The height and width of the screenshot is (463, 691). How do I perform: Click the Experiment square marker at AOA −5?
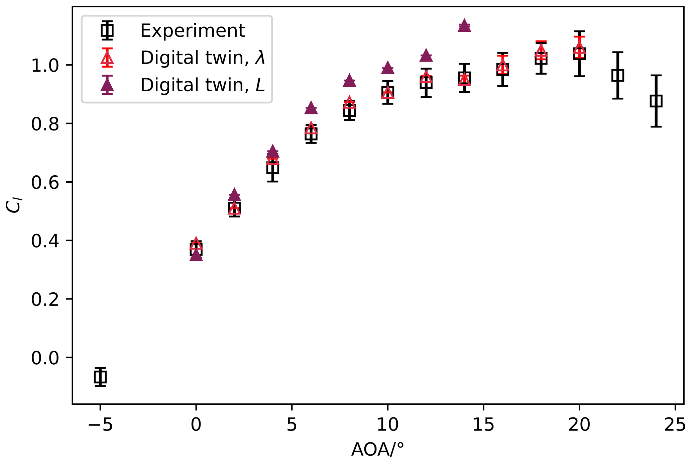(100, 377)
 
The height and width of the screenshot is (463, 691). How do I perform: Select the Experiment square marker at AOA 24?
(656, 101)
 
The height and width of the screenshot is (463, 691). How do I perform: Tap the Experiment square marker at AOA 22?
(617, 75)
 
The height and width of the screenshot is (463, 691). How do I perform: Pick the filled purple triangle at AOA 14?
(464, 26)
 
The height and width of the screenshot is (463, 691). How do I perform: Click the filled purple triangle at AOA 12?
(426, 56)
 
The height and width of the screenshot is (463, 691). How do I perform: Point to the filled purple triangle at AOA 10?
(388, 68)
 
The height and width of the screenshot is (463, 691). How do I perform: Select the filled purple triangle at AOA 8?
(349, 81)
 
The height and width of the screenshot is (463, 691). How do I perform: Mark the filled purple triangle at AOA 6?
(311, 108)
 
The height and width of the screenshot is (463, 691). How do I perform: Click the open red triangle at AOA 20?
(579, 48)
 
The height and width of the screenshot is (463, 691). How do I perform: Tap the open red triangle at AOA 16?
(502, 67)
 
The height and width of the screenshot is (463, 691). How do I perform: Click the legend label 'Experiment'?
(193, 31)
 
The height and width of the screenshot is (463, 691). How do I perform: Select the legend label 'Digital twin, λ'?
(203, 58)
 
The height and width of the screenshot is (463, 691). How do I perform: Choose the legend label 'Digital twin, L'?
(203, 85)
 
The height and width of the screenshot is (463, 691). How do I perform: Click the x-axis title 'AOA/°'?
(378, 450)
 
